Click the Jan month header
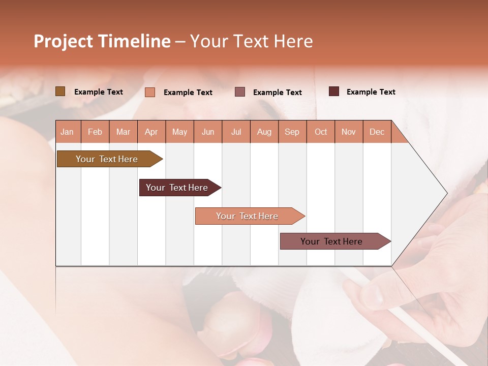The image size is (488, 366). [x=68, y=132]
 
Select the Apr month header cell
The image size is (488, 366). [x=151, y=132]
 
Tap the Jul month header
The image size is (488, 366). [x=236, y=132]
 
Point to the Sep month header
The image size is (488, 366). [x=292, y=132]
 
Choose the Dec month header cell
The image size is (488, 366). [x=377, y=132]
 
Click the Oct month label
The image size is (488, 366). [x=321, y=132]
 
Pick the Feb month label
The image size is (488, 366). [x=95, y=132]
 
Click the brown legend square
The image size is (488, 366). [x=60, y=91]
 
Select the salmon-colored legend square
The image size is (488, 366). [x=150, y=92]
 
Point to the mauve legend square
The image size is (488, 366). [x=240, y=92]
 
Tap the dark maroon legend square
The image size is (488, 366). [x=334, y=91]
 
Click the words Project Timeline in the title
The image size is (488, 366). [x=102, y=41]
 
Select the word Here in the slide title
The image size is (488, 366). [x=293, y=41]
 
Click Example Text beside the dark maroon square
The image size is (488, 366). [x=371, y=92]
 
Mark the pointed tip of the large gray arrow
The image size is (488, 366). [x=446, y=193]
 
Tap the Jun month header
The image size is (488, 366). [x=208, y=132]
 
